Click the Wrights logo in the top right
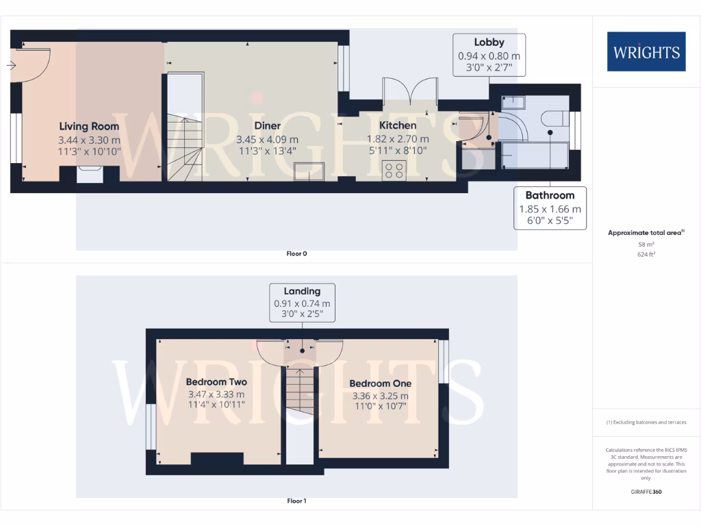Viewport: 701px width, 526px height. (x=646, y=51)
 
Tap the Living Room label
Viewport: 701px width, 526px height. (x=89, y=126)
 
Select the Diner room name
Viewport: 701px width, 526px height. (x=267, y=126)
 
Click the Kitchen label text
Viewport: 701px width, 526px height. (x=398, y=126)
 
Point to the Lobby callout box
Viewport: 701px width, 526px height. (x=489, y=55)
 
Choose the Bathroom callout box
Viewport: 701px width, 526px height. (x=550, y=208)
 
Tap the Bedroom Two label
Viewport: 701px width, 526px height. (x=216, y=382)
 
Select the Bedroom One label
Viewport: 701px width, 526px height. (x=380, y=384)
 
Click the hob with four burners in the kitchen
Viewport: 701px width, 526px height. (x=395, y=170)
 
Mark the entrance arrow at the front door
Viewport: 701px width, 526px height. (x=12, y=66)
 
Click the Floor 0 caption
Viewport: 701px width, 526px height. (x=296, y=253)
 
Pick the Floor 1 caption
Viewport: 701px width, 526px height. (x=296, y=501)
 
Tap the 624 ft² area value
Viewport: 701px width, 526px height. (x=646, y=254)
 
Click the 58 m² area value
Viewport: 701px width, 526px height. (x=646, y=244)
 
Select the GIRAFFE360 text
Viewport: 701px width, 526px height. (x=646, y=491)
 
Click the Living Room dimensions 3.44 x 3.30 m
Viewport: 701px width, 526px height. (x=89, y=139)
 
